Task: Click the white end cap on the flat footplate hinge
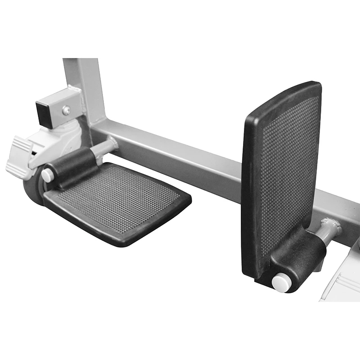tap(47, 175)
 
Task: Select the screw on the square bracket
tap(66, 109)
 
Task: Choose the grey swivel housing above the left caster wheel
tap(67, 135)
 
